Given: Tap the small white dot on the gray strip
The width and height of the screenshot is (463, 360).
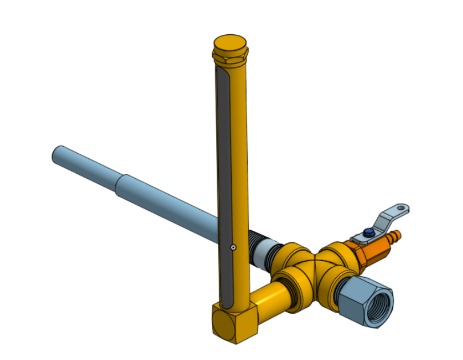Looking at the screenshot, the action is click(233, 247).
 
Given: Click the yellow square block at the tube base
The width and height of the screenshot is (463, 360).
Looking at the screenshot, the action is click(234, 323).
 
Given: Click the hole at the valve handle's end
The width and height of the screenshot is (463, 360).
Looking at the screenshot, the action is click(402, 207).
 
